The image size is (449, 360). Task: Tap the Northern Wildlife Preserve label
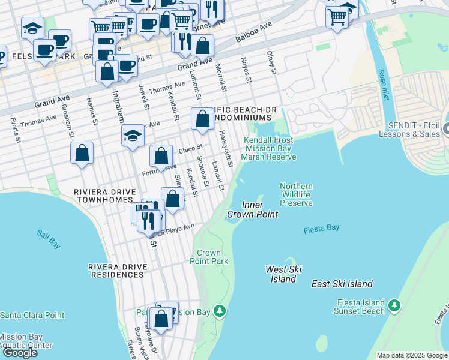coord(296,194)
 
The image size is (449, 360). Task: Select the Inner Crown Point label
coord(252,209)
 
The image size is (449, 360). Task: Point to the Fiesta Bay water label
coord(321,229)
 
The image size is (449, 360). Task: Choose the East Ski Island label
coord(342,284)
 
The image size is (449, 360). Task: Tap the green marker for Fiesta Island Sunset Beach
coord(394,305)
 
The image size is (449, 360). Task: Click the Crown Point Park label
coord(209,257)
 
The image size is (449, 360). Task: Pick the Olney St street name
coord(271,63)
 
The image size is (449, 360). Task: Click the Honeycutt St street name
coord(226,146)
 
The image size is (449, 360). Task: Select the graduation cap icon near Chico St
coord(133,136)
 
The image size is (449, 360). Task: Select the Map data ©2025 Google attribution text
coord(411,355)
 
